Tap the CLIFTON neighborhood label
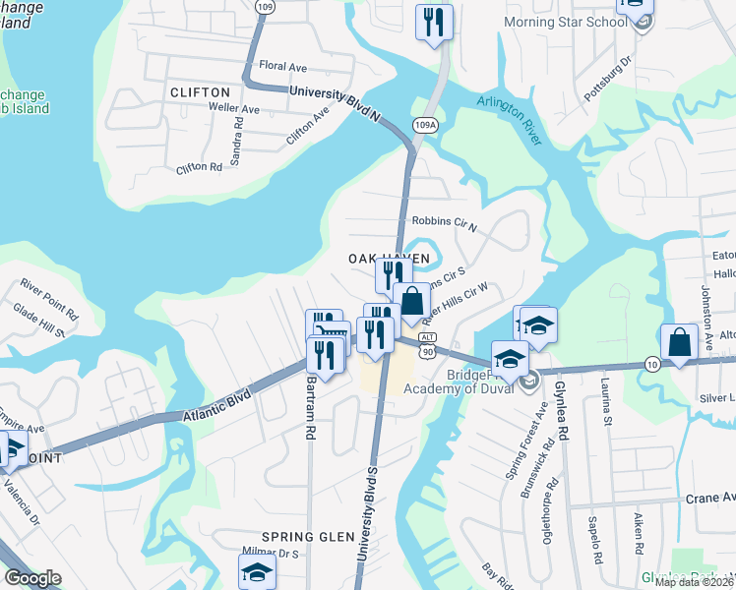(200, 92)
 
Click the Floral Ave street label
(284, 66)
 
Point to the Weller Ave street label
(233, 109)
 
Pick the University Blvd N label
(335, 103)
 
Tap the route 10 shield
(652, 364)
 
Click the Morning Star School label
(566, 22)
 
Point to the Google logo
(32, 578)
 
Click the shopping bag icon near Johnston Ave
(679, 343)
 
